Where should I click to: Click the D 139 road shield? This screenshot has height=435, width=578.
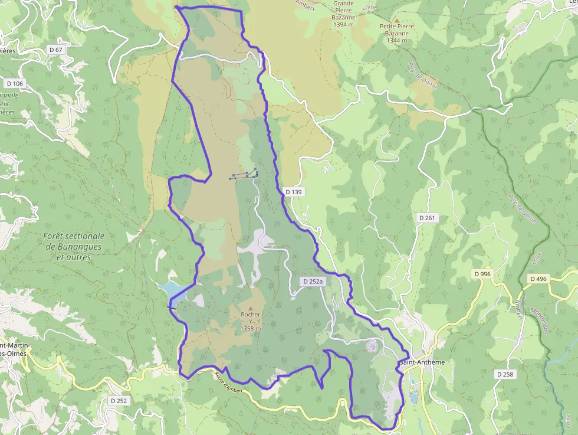coord(293,192)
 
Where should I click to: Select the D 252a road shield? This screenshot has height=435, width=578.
coord(313,282)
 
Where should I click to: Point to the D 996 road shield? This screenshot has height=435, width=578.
coord(482,274)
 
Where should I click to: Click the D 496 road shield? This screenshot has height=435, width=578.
coord(538,279)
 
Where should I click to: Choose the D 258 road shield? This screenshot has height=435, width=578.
coord(505,374)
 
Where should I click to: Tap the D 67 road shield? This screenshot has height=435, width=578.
coord(55,50)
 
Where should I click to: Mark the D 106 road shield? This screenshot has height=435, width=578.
coord(15,83)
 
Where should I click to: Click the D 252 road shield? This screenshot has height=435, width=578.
coord(119,401)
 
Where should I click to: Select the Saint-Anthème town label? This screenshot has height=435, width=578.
coord(422,362)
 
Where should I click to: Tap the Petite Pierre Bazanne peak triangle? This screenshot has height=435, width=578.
coord(397,19)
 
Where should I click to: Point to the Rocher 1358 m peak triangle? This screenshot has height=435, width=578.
coord(251,308)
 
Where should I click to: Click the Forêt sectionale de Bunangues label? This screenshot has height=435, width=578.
coord(74,246)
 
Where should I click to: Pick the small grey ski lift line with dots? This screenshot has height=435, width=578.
coord(245,175)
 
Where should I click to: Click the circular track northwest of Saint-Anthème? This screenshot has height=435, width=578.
coord(372,346)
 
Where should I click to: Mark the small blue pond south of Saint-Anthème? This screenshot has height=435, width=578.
coord(413,398)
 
